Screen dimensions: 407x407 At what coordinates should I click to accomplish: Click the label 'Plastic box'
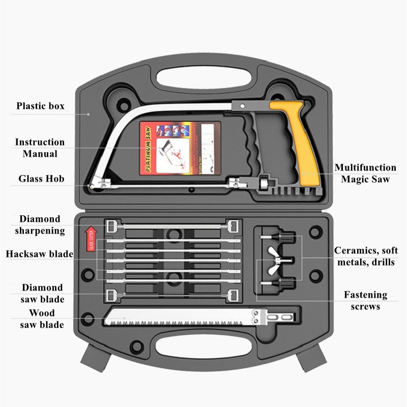tap(40, 106)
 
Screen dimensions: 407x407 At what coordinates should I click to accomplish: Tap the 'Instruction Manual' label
tap(40, 148)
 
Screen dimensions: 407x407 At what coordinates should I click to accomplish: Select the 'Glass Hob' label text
tap(41, 179)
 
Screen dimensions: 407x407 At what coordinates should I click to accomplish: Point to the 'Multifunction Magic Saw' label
tap(365, 173)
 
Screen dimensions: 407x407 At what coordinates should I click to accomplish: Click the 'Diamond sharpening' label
tap(42, 225)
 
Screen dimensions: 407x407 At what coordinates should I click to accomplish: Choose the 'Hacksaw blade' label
tap(39, 254)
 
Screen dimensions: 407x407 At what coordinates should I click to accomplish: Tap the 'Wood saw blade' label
tap(42, 318)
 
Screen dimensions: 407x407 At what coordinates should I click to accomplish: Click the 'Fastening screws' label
tap(365, 300)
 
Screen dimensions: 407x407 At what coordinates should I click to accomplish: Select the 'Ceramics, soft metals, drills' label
tap(365, 256)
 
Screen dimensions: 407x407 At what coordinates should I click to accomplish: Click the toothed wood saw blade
tap(178, 318)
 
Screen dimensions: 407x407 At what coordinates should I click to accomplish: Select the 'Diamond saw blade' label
tap(42, 293)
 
